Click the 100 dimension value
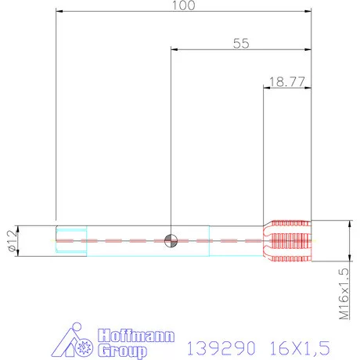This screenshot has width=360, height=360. coord(183,5)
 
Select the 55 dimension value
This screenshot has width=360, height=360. coord(240,44)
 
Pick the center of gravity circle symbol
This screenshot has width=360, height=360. coord(171,239)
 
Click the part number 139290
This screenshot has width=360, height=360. coord(214,345)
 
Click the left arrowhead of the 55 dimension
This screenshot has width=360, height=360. coord(175,49)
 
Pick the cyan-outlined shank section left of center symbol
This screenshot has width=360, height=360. coord(125,239)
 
